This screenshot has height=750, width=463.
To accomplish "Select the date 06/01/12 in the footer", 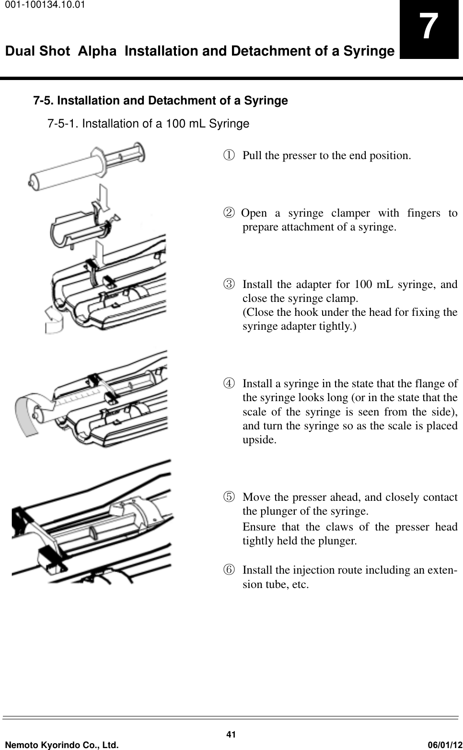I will [443, 744].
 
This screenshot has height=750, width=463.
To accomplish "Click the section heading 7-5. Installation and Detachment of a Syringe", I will [160, 101].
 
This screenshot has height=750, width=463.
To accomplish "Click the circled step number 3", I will [231, 284].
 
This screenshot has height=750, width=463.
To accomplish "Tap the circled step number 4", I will [231, 384].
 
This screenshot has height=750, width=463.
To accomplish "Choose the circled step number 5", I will [231, 497].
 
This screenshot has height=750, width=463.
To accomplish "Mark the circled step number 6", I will [231, 570].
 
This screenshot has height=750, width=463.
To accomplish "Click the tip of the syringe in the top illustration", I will [31, 181].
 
